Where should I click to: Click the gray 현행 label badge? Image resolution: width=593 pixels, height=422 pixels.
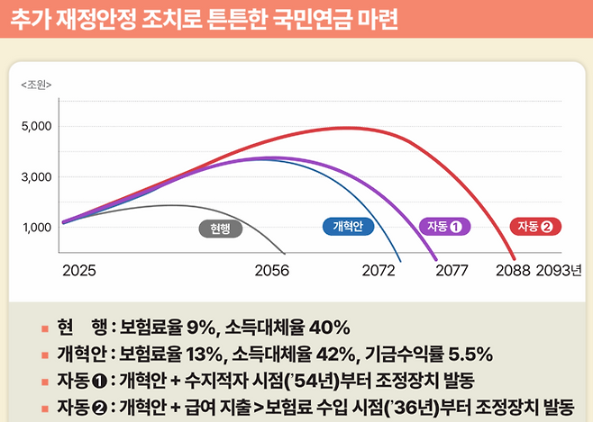tap(221, 229)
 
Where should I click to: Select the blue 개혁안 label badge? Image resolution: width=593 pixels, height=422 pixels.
tap(348, 227)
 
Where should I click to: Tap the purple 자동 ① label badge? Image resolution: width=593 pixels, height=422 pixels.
tap(445, 227)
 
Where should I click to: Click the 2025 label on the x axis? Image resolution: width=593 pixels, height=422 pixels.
tap(79, 270)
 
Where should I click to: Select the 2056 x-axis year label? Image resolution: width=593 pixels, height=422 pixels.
tap(271, 270)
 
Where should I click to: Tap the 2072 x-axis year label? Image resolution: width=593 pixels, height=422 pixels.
tap(379, 270)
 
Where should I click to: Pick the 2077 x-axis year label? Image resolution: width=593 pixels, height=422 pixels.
tap(451, 270)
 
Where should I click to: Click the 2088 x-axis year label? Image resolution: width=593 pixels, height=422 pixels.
tap(514, 270)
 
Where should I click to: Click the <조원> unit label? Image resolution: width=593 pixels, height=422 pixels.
tap(35, 85)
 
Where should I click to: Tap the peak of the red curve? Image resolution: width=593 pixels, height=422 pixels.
tap(347, 128)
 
